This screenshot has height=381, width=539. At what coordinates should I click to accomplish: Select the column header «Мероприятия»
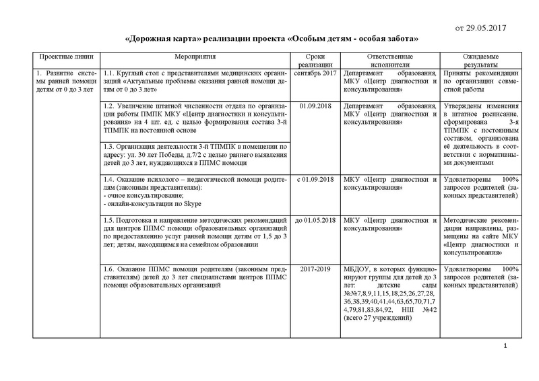tap(195, 59)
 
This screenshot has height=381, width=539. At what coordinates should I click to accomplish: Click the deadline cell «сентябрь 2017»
tap(315, 73)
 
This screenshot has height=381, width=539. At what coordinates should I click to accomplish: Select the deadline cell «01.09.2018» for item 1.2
tap(315, 106)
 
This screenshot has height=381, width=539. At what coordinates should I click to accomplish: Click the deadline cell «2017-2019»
tap(315, 269)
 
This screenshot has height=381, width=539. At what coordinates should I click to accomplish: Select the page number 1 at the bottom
tap(505, 345)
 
